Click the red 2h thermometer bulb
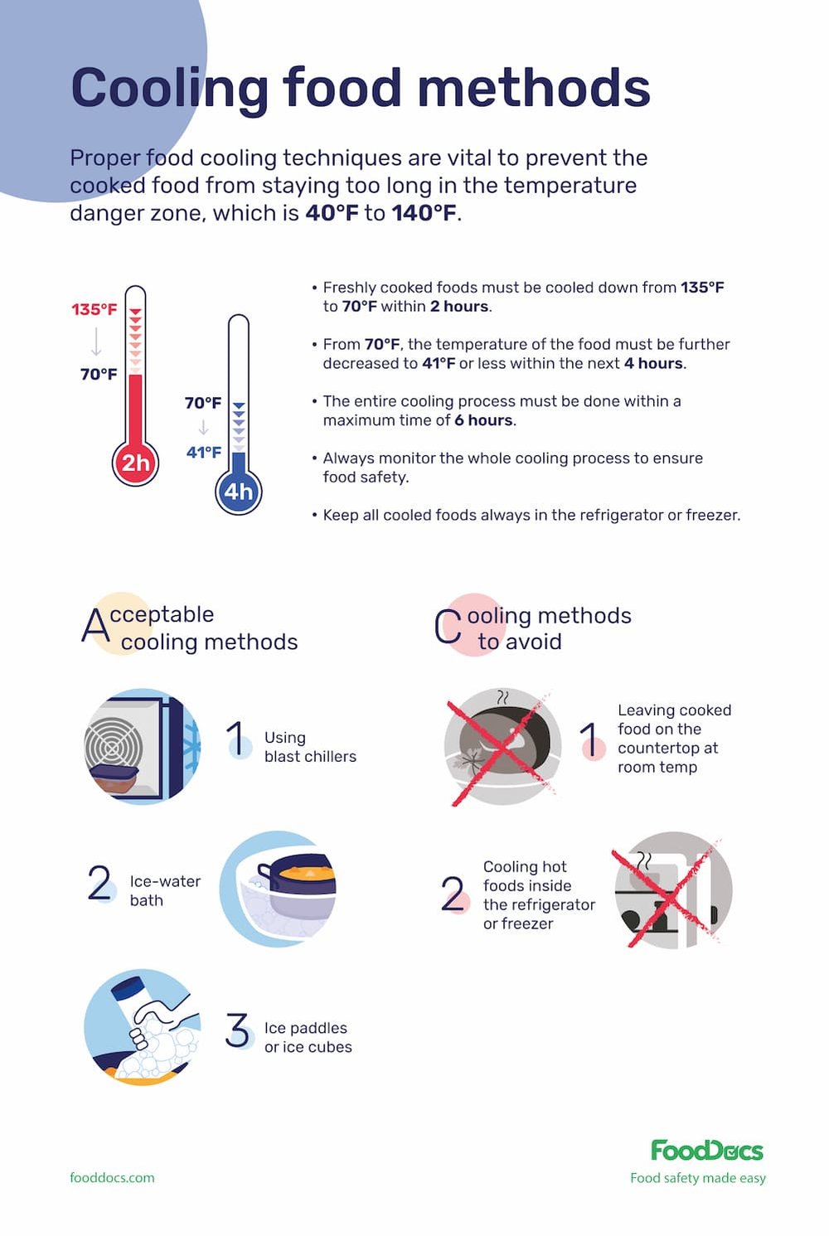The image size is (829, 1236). tap(135, 463)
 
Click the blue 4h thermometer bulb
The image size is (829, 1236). tap(238, 492)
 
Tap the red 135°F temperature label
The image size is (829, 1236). tap(94, 309)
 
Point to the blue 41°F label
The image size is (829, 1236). tap(204, 452)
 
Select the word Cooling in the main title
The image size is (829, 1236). tap(169, 88)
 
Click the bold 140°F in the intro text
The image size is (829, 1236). tap(424, 213)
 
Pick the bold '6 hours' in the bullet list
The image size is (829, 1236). tap(484, 420)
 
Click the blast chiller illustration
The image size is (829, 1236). tap(143, 746)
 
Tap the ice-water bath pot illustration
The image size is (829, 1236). tap(278, 889)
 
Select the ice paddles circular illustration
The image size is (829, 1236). tap(143, 1027)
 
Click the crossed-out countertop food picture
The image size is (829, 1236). tap(502, 746)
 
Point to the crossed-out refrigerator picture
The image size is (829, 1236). tap(673, 889)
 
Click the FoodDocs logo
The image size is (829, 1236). tap(706, 1151)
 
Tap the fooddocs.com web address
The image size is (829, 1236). tap(112, 1177)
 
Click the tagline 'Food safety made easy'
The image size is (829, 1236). tap(697, 1178)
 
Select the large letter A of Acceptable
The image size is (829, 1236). tap(95, 626)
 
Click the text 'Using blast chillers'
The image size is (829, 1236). tap(310, 747)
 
